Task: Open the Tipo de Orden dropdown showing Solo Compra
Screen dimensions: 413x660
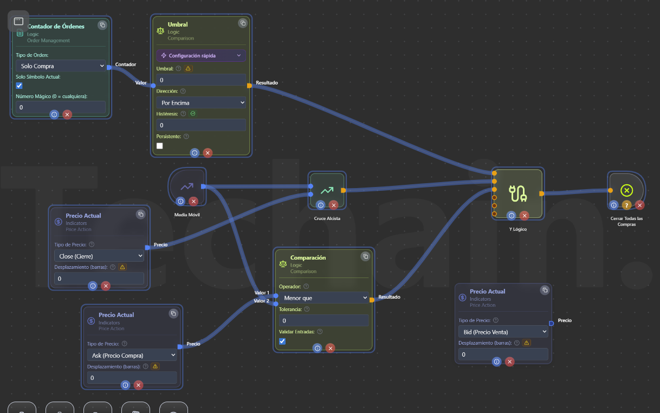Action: pos(60,66)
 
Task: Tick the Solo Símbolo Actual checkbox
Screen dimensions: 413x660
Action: pos(20,86)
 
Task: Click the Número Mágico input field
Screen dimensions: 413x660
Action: pos(60,107)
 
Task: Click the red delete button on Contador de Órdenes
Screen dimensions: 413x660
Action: pos(67,114)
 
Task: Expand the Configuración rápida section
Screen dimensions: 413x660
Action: pos(200,55)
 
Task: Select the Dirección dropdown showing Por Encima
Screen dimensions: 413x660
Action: pos(200,102)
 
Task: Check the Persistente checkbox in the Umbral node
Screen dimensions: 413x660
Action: pos(160,146)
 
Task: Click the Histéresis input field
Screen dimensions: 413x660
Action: pos(200,125)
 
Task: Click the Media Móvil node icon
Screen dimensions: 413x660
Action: pos(187,186)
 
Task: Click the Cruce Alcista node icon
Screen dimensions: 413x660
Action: pos(327,190)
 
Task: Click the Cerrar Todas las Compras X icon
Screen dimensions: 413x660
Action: pos(626,190)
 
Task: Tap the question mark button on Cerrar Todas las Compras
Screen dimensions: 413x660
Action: pos(626,205)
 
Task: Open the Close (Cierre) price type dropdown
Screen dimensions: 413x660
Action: pos(99,256)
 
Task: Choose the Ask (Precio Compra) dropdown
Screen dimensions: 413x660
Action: pos(131,355)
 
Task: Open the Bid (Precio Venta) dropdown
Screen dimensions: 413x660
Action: pos(503,332)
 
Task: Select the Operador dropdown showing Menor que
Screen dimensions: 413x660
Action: pos(323,298)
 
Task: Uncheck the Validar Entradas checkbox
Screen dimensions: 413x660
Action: pos(282,341)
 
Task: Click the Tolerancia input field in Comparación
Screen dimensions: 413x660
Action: pos(323,320)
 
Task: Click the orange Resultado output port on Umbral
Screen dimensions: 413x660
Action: pos(249,86)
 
